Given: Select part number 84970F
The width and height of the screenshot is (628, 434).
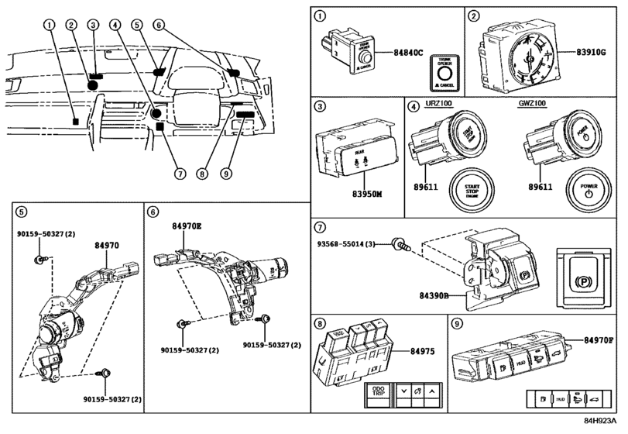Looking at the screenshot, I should coord(599,340).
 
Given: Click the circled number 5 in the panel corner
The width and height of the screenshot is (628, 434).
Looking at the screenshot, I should coord(21,212).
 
